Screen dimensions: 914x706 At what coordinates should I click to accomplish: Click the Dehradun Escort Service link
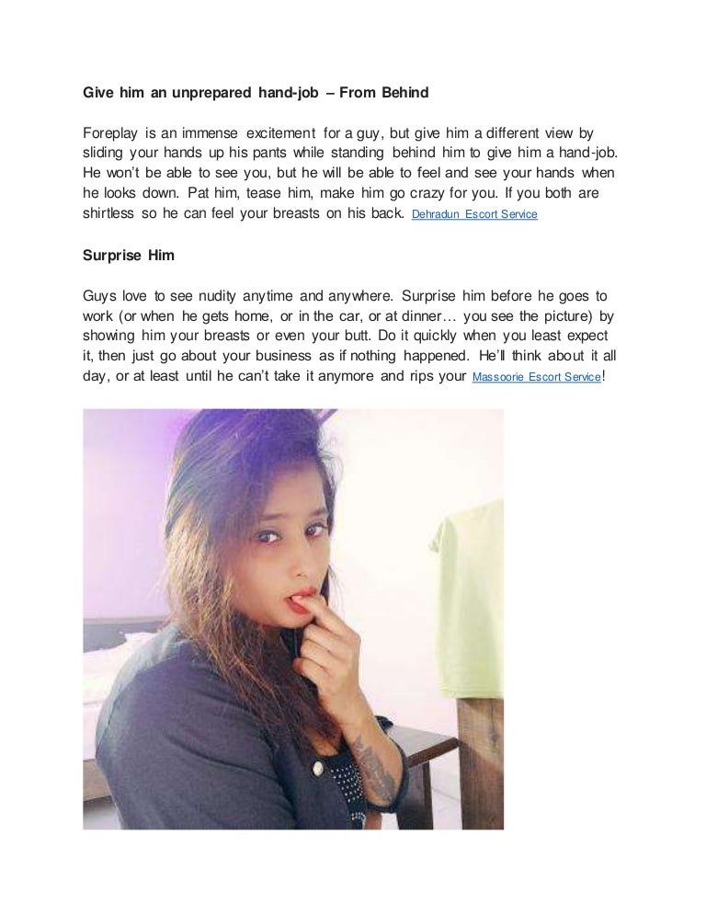pyautogui.click(x=474, y=214)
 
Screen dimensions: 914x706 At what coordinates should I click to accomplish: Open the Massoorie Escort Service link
pyautogui.click(x=536, y=377)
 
